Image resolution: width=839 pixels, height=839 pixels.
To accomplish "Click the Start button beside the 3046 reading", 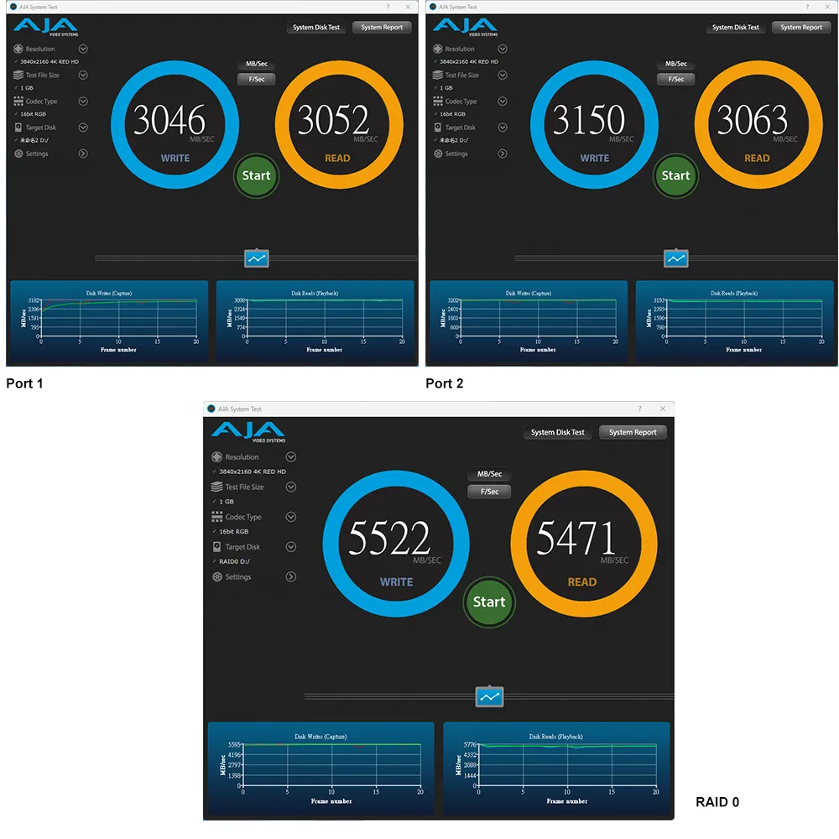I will [x=256, y=175].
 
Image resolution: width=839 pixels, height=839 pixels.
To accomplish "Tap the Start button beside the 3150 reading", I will [x=675, y=175].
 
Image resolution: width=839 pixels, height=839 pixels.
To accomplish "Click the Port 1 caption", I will [x=24, y=383].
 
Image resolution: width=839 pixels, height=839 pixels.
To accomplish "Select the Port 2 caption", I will [x=444, y=383].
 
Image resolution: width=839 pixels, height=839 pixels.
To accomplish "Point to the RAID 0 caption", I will [x=717, y=802].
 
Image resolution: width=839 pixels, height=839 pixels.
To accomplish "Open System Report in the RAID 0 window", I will [x=633, y=432].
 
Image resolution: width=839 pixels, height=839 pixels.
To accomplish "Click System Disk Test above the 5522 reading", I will [x=558, y=432].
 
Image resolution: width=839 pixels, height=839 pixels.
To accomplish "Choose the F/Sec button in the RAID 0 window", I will [x=489, y=492].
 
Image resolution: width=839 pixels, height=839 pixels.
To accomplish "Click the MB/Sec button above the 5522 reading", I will [x=489, y=474].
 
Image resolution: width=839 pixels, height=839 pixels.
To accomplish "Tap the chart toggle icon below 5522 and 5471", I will [x=489, y=696].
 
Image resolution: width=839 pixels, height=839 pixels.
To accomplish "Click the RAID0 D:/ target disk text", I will [x=234, y=561].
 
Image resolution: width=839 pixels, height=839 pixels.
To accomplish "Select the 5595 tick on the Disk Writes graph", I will [x=235, y=744].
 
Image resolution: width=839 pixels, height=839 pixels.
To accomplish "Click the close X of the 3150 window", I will [x=827, y=7].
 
